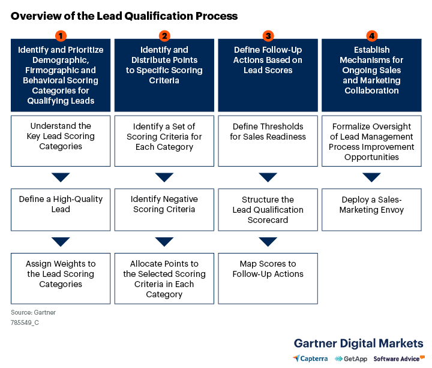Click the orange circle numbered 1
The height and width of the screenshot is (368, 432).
point(61,36)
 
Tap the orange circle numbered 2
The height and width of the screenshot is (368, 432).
point(164,36)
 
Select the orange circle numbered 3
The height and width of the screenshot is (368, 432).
point(268,36)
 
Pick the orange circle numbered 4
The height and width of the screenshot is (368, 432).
point(371,36)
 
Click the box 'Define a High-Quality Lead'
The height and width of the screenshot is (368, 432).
point(61,210)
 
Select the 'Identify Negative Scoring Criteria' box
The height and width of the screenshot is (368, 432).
point(164,210)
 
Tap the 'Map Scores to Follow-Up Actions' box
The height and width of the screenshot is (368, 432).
point(268,279)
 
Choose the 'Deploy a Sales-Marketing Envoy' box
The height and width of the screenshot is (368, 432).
point(371,210)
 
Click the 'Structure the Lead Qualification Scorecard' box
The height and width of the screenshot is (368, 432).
point(268,210)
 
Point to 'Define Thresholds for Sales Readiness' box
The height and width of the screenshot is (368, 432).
point(268,141)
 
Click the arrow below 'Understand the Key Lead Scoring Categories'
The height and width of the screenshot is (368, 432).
point(61,177)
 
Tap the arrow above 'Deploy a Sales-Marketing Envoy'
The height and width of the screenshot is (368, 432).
point(371,177)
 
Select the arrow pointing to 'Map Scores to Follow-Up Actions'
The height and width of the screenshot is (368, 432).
point(268,242)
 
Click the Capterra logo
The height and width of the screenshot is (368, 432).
point(310,358)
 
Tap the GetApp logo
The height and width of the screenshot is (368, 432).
point(351,358)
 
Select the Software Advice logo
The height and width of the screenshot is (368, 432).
point(399,358)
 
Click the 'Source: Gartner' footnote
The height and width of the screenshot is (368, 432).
point(33,312)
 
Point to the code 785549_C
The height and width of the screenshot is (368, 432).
point(25,322)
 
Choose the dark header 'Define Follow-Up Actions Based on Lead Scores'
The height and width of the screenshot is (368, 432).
point(268,75)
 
